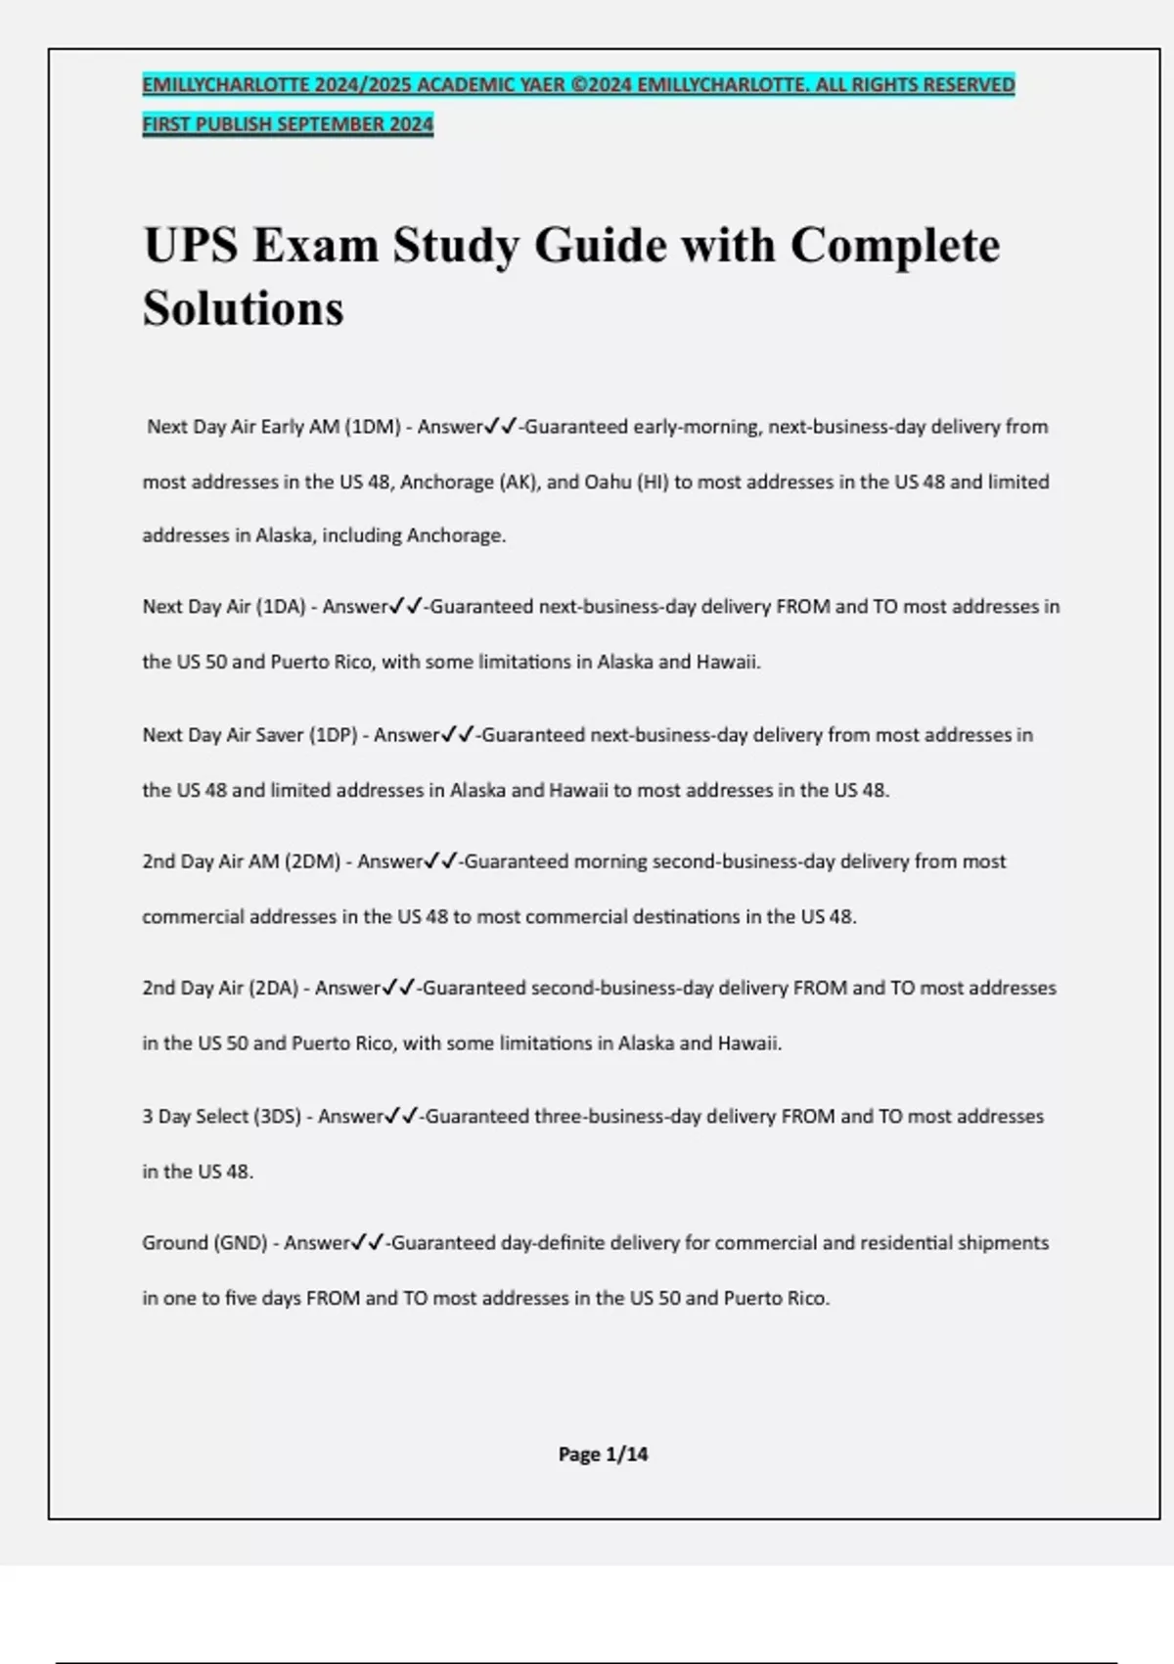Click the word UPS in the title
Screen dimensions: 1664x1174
tap(191, 245)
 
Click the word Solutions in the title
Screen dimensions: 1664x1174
tap(243, 308)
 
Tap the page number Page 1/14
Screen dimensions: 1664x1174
tap(603, 1455)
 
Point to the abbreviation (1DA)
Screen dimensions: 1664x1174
tap(281, 607)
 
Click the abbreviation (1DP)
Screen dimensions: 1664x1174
tap(333, 735)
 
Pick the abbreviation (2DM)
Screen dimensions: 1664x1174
tap(312, 862)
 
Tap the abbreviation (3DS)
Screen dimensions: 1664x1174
tap(278, 1117)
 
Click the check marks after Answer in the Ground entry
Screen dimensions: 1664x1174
tap(368, 1243)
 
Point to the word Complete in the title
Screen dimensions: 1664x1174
tap(894, 245)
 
